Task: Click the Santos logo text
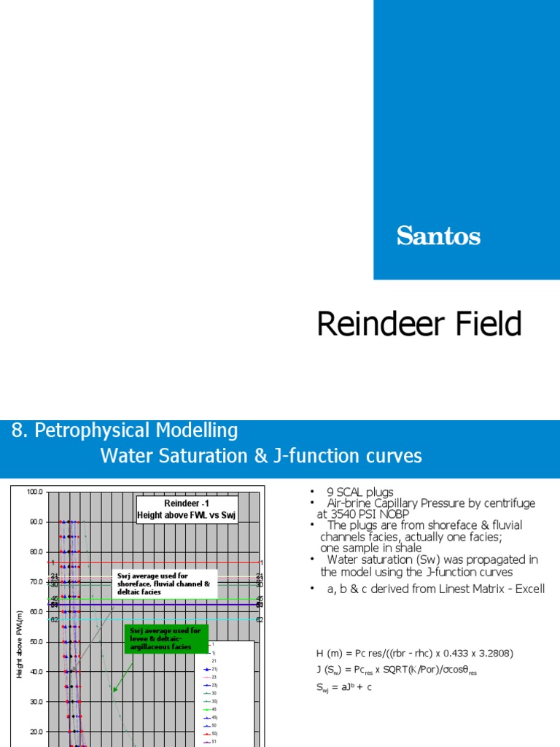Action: pyautogui.click(x=438, y=236)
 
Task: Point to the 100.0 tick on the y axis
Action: pyautogui.click(x=34, y=492)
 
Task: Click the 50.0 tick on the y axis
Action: pyautogui.click(x=34, y=641)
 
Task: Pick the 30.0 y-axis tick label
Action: pyautogui.click(x=34, y=701)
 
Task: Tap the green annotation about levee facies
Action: pyautogui.click(x=166, y=638)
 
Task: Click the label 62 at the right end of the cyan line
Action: pyautogui.click(x=260, y=619)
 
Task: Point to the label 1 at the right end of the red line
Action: pyautogui.click(x=260, y=563)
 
